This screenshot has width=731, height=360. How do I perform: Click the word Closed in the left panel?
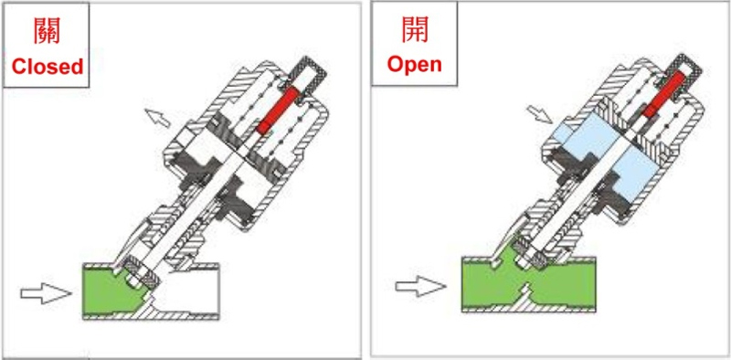[x=48, y=67]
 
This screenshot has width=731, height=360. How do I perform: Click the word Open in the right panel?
[x=415, y=64]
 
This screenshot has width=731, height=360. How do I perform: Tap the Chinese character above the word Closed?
[x=48, y=31]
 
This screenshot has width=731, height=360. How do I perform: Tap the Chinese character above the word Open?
[x=415, y=29]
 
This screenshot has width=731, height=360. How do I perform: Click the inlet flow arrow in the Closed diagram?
[x=46, y=293]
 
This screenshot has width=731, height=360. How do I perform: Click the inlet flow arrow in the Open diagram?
[x=420, y=286]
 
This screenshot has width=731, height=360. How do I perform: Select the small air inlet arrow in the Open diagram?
[x=539, y=114]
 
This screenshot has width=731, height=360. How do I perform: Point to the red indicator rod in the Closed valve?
[x=279, y=111]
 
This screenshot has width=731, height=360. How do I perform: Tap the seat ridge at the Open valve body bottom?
[x=525, y=293]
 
